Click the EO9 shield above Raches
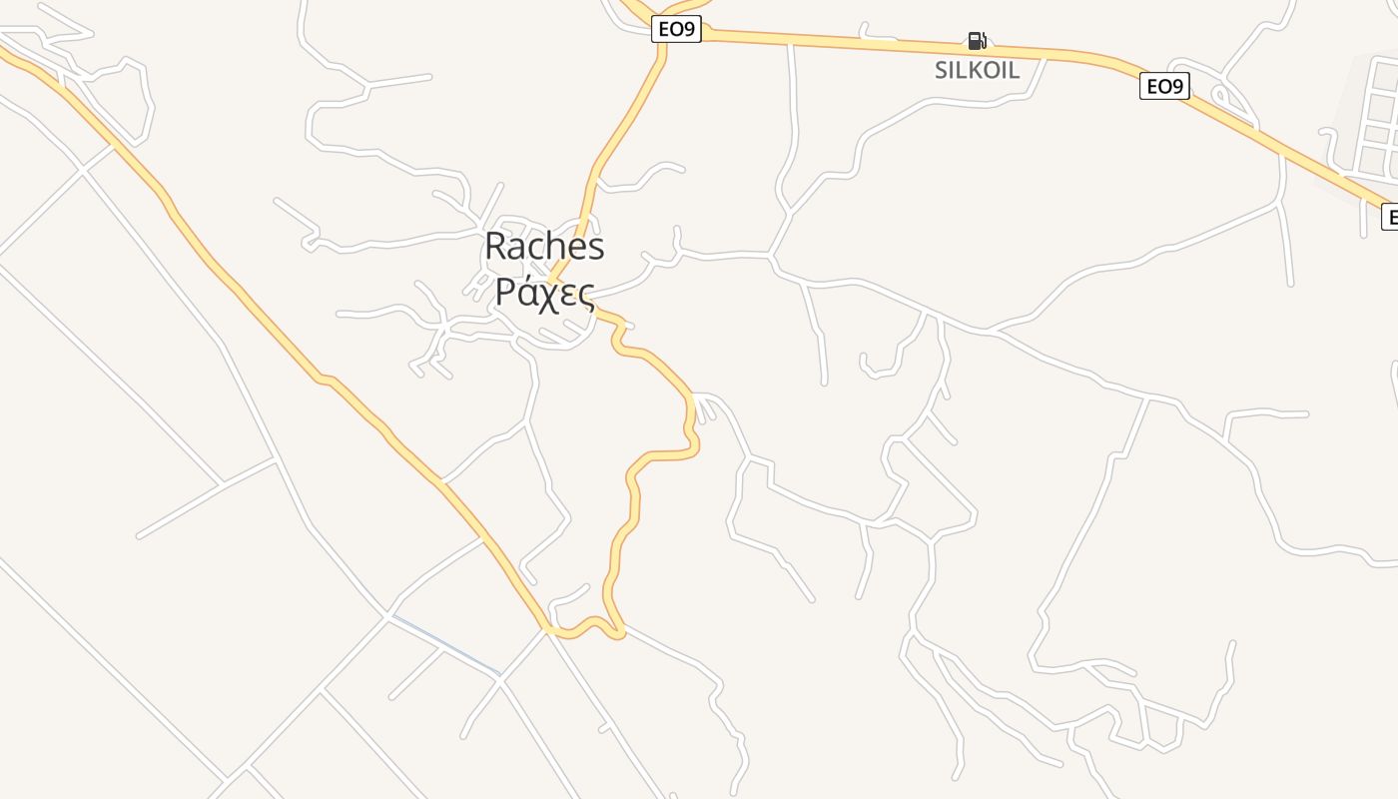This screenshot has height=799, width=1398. [676, 30]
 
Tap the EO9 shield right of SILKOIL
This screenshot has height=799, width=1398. [1163, 87]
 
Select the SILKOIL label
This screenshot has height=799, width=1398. [977, 70]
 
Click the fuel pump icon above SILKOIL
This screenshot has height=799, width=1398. [977, 41]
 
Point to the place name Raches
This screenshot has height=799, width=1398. [544, 247]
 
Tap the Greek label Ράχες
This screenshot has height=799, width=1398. [544, 293]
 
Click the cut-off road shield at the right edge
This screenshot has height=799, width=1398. [1389, 216]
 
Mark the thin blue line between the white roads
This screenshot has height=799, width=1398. [445, 645]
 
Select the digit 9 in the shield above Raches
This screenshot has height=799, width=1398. [688, 30]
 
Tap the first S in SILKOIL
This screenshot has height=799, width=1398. [942, 70]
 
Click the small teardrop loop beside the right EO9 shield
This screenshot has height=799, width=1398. [1220, 97]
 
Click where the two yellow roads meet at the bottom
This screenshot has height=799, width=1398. [548, 630]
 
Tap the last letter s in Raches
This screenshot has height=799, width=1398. [596, 247]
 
